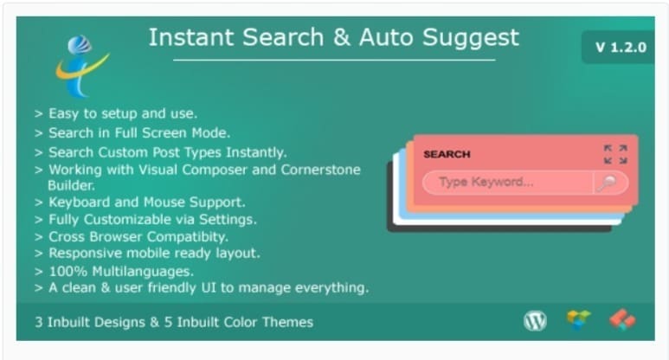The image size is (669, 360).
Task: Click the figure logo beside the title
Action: click(80, 64)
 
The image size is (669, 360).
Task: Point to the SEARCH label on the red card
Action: click(447, 154)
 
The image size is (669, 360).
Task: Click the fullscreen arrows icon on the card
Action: click(615, 154)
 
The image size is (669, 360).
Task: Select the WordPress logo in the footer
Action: click(536, 321)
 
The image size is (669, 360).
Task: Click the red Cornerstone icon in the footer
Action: click(621, 321)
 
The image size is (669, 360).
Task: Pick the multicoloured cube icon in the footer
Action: click(578, 321)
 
